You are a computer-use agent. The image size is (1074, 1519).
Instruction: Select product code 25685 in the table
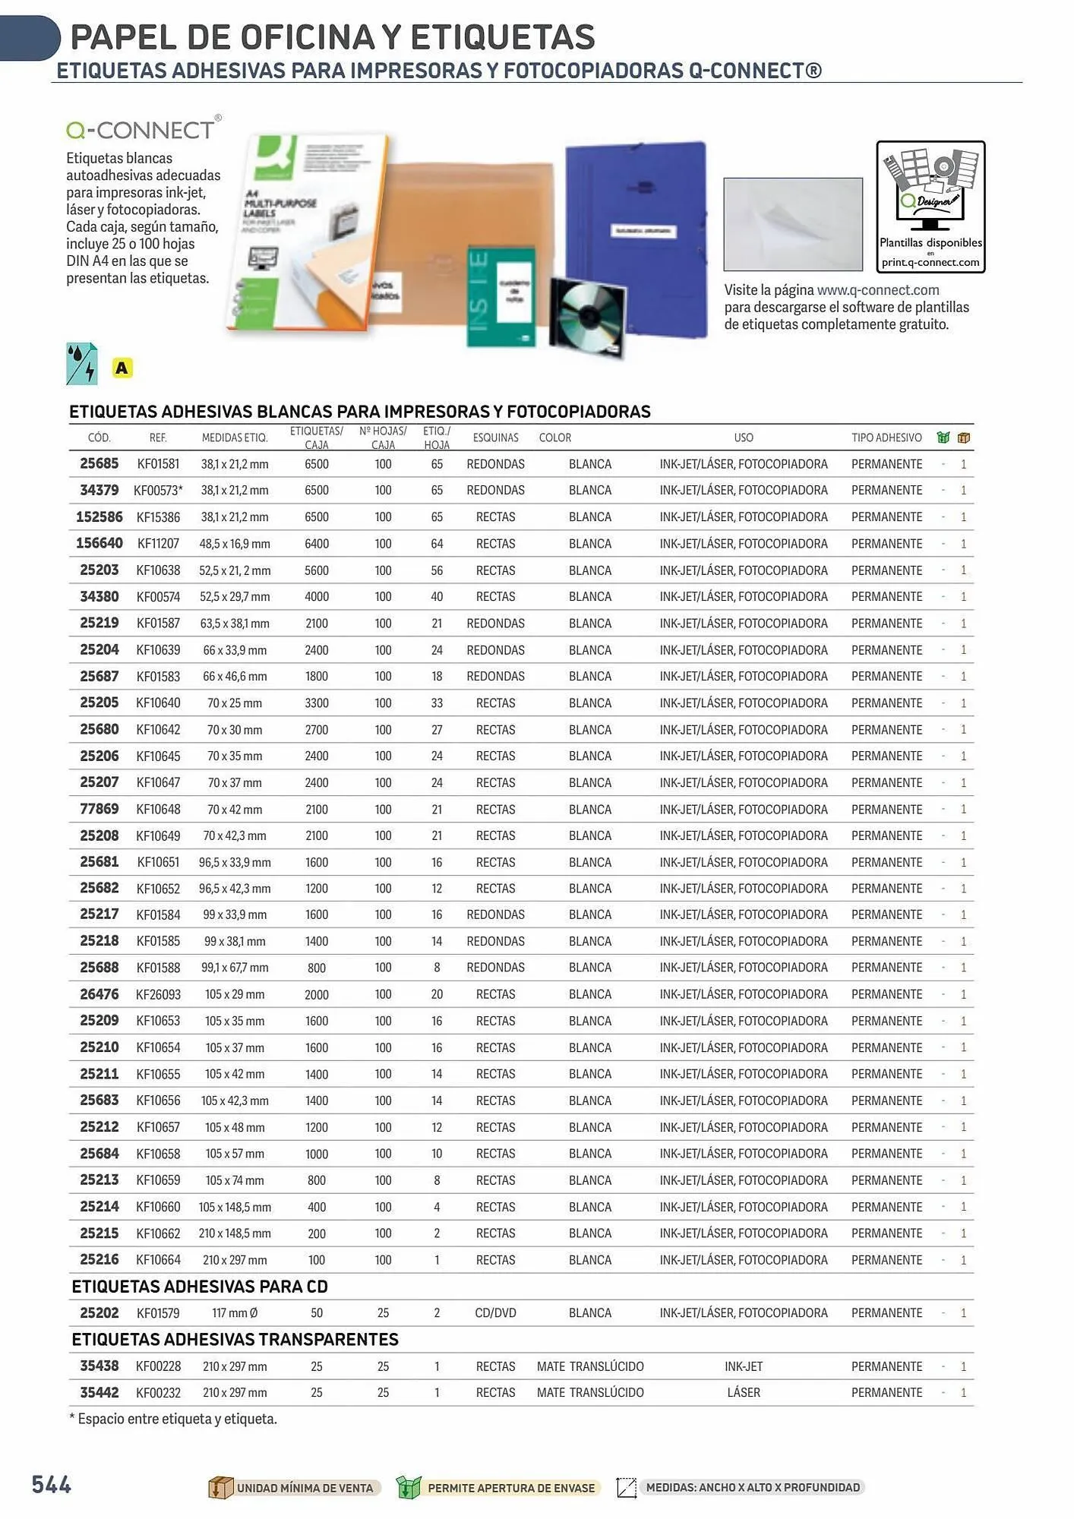100,463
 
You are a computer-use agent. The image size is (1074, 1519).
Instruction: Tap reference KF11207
158,544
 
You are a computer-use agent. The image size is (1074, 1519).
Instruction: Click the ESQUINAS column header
495,437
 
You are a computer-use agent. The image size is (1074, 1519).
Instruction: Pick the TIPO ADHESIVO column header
886,437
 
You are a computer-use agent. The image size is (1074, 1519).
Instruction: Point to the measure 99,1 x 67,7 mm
235,968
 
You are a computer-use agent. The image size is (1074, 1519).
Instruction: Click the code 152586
100,517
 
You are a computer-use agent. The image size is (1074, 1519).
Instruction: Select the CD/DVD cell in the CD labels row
495,1313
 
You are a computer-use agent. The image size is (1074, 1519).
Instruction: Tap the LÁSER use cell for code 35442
744,1393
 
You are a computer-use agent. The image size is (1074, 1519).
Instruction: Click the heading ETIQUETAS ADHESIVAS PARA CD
200,1287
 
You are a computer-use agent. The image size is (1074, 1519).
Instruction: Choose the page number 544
52,1485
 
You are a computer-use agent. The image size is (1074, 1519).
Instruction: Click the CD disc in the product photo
587,314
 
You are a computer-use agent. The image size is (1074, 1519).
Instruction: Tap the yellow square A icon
122,368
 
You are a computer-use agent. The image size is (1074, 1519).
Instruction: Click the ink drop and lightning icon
82,364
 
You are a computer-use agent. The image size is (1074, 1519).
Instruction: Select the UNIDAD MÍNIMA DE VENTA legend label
305,1488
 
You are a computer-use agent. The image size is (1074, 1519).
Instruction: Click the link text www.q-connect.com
878,290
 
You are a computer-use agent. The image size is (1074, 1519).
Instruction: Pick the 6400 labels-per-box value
317,544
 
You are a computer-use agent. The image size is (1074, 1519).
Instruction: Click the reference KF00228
158,1366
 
